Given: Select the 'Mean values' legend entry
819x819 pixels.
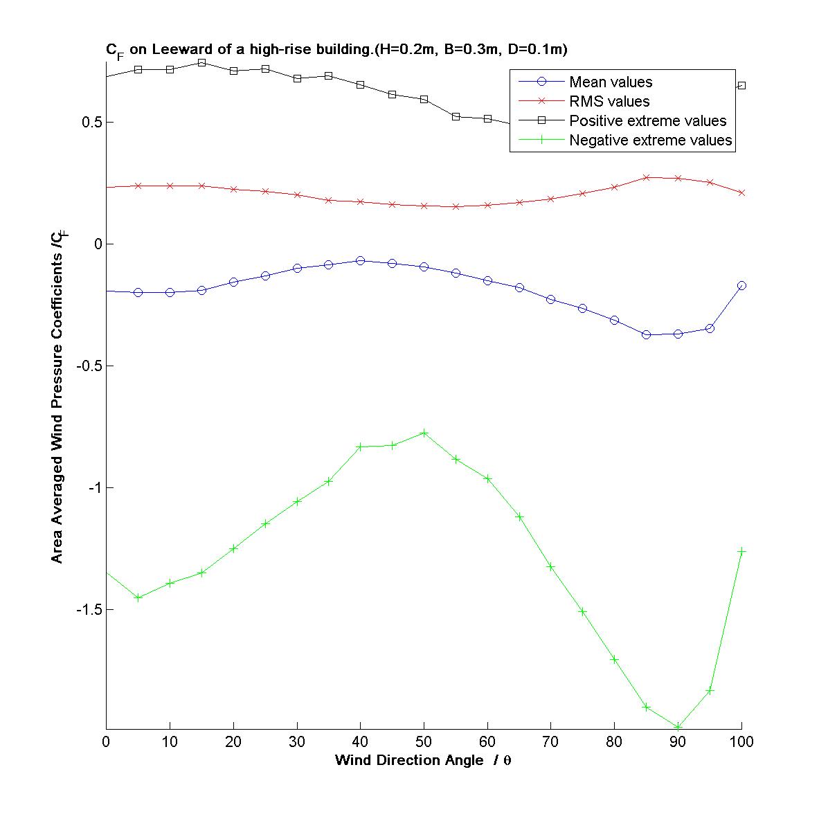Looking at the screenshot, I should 611,82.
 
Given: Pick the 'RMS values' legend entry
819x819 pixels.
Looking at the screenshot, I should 609,102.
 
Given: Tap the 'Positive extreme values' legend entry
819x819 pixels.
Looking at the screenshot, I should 647,121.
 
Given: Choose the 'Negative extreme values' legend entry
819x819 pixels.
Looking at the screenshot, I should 650,141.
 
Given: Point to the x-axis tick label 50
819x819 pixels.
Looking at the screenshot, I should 424,742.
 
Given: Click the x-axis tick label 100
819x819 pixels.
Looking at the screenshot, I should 741,742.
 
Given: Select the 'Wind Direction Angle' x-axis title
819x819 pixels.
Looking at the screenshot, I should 423,760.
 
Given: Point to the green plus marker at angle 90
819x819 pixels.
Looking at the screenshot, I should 678,727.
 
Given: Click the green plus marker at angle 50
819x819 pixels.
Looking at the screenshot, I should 424,433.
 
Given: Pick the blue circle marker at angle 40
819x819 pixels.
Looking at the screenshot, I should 360,260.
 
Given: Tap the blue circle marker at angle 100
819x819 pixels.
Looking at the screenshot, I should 741,285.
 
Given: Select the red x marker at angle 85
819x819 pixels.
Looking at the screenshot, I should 646,177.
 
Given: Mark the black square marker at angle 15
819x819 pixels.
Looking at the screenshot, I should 201,62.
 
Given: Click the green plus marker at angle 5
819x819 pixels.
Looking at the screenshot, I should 138,597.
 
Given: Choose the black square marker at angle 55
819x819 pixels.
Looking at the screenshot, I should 456,116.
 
